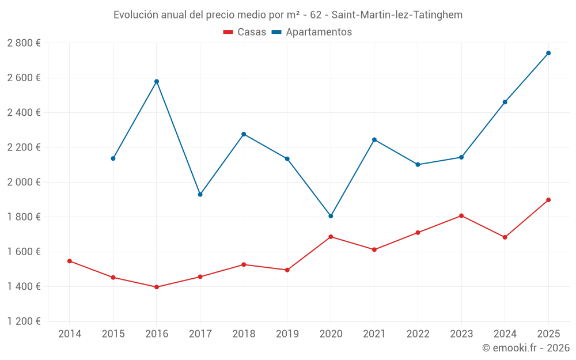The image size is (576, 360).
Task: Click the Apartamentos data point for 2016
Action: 157,81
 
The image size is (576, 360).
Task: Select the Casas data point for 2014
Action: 70,261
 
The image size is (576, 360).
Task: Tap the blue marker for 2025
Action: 548,53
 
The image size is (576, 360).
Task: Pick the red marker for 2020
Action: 331,237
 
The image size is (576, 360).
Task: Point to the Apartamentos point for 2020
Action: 331,216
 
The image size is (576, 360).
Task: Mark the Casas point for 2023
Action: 461,215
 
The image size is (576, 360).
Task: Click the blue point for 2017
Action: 200,195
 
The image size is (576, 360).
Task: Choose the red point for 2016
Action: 157,287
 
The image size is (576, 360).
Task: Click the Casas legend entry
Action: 245,32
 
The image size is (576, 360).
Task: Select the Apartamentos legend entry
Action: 312,32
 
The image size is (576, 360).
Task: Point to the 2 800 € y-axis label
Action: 24,43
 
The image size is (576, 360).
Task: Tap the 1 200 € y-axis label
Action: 24,321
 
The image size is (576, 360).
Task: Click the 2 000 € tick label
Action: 24,182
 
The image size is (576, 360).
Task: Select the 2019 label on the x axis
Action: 287,334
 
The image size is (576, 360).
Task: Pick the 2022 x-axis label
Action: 418,334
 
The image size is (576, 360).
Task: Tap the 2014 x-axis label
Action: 70,334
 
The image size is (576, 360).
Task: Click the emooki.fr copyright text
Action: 525,348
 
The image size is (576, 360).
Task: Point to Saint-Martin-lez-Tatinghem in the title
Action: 397,15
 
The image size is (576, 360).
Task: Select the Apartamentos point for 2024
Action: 505,102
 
